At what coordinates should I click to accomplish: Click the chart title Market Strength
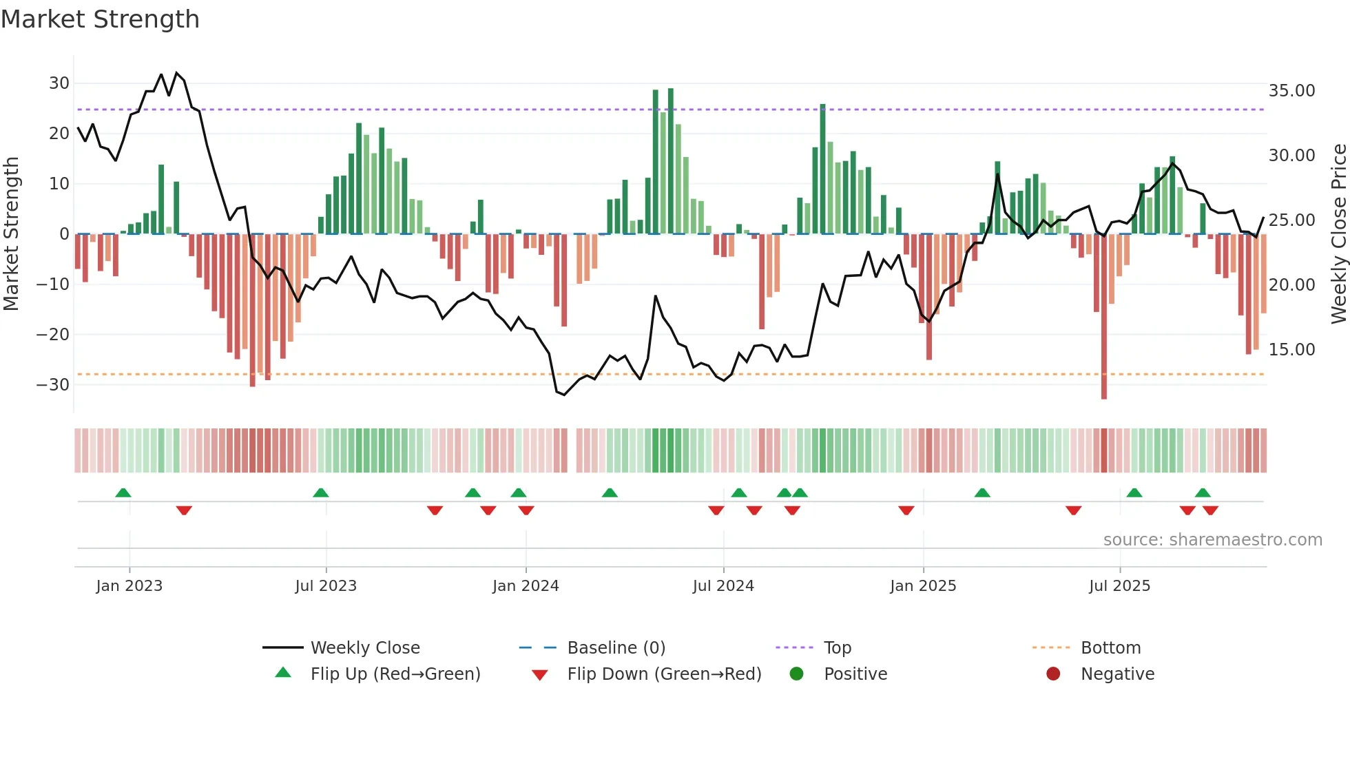(x=101, y=19)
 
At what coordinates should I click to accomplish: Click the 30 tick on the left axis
(x=59, y=83)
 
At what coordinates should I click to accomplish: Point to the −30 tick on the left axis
(x=54, y=384)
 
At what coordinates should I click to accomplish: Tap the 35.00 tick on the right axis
(x=1291, y=91)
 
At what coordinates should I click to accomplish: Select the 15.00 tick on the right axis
(x=1291, y=350)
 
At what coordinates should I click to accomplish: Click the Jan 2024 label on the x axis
(x=526, y=586)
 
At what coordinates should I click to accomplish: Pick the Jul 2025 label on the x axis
(x=1119, y=586)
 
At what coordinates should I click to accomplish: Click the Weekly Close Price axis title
(x=1338, y=234)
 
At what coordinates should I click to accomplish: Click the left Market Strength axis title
(x=11, y=234)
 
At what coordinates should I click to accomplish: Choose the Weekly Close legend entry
(x=364, y=648)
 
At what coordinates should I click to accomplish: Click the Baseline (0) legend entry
(x=616, y=648)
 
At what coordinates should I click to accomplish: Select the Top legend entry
(x=837, y=648)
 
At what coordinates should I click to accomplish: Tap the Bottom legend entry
(x=1110, y=648)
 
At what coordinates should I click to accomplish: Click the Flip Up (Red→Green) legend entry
(x=395, y=674)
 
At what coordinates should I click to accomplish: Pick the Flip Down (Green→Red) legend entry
(x=664, y=674)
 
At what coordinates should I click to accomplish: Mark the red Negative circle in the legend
(x=1053, y=674)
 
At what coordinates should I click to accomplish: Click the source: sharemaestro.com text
(x=1212, y=540)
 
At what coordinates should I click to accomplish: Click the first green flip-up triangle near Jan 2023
(x=123, y=492)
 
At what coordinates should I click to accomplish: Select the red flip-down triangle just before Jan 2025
(x=906, y=510)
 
